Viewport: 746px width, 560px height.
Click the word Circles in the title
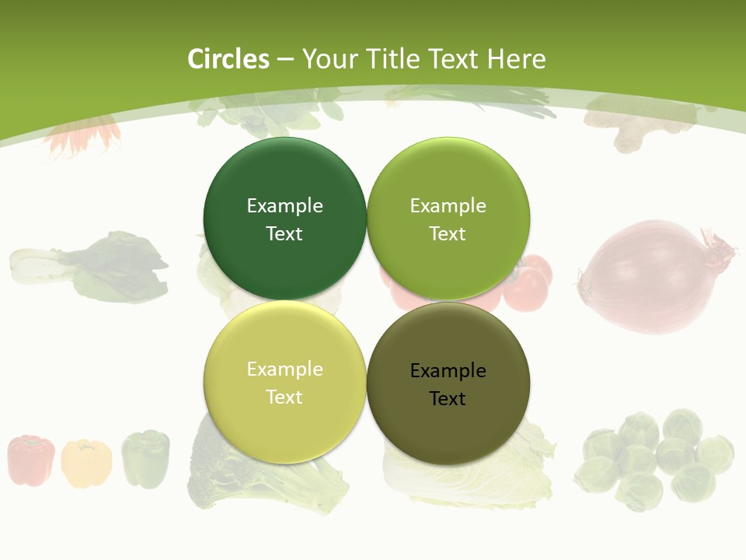click(x=228, y=59)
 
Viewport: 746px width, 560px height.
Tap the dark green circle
click(x=284, y=219)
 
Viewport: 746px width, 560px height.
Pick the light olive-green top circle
click(x=448, y=219)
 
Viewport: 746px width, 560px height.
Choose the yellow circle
click(x=284, y=383)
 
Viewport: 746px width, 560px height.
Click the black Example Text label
click(x=448, y=385)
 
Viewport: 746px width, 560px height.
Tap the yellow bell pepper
click(x=85, y=463)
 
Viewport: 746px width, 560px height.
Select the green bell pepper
click(x=145, y=459)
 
